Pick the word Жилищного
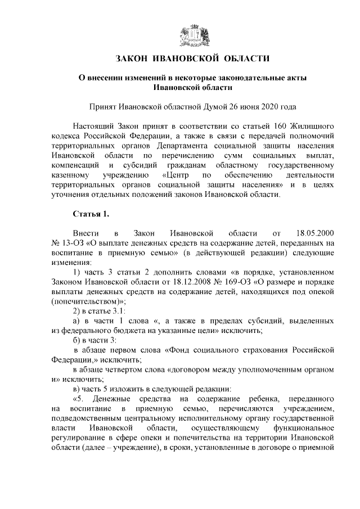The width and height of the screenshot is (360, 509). click(314, 125)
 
